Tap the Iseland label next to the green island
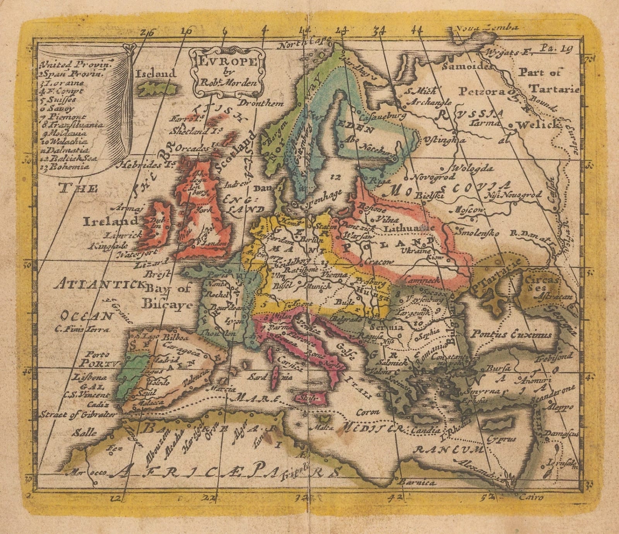[156, 73]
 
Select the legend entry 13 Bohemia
[65, 167]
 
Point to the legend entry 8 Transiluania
[72, 125]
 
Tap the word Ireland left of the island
[110, 221]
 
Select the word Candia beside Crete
[427, 430]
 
